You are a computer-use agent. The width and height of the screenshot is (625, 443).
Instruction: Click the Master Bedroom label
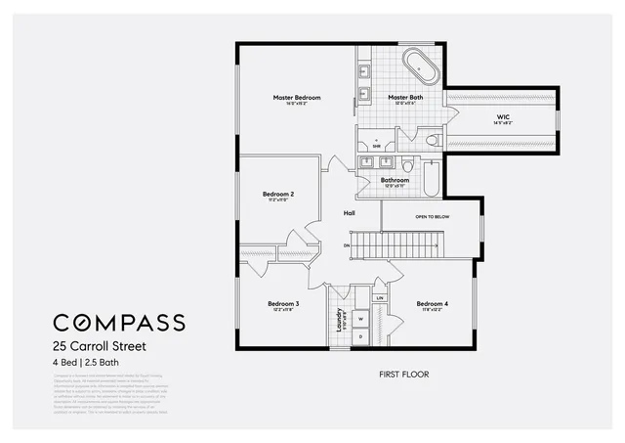[297, 98]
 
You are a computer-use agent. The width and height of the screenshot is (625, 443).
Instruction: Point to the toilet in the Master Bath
[431, 141]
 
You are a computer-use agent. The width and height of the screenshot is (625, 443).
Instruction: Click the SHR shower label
[376, 146]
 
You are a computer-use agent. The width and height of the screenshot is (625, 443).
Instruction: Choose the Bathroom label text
[395, 180]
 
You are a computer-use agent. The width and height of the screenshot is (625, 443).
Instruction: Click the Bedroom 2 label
[278, 194]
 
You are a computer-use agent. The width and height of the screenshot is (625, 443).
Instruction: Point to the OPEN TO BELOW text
[432, 216]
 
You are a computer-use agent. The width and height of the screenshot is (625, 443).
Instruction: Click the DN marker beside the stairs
[346, 244]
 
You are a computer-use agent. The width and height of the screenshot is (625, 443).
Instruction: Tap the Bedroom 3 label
[283, 303]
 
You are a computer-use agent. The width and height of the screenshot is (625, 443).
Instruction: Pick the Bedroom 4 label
[433, 303]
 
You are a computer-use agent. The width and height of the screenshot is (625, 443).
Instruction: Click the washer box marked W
[359, 318]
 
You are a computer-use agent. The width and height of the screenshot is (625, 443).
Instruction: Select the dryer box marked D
[359, 337]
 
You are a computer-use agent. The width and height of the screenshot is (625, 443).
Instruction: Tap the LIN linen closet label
[380, 296]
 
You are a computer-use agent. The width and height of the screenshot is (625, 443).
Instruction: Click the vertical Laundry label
[339, 321]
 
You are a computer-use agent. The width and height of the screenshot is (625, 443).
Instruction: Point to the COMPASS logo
[118, 323]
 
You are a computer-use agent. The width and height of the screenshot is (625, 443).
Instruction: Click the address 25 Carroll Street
[100, 346]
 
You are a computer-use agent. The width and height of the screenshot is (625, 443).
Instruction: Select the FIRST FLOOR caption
[403, 374]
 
